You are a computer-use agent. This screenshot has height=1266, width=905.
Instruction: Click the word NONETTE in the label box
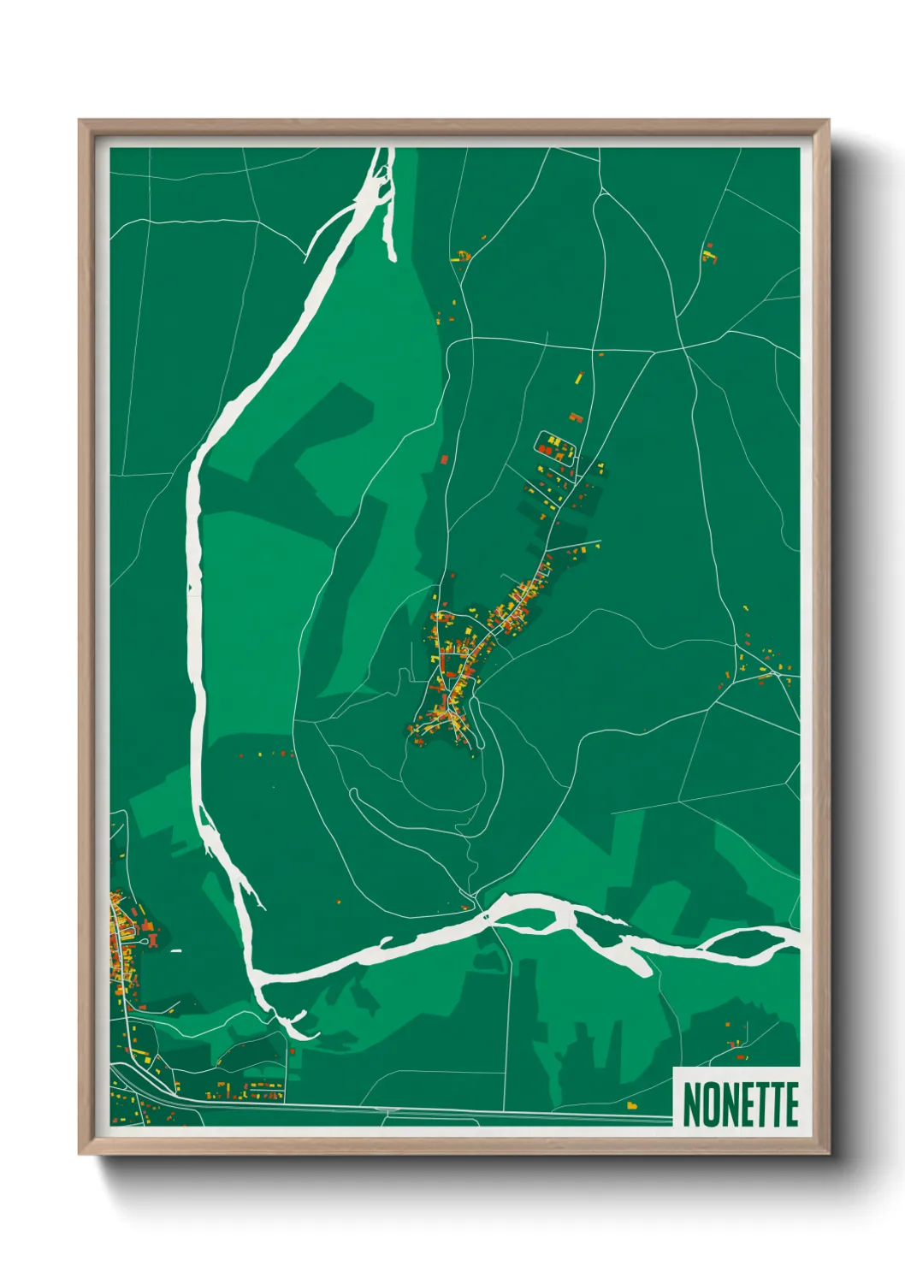pos(741,1104)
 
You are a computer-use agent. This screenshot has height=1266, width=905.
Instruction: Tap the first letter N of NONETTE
pos(692,1104)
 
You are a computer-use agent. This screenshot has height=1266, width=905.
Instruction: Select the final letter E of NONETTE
pos(790,1104)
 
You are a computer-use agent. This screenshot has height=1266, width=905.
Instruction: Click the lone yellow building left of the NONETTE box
pos(632,1105)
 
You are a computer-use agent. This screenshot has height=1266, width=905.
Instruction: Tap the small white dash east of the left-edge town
pos(176,950)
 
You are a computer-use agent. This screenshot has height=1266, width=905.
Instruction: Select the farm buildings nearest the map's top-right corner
pos(708,253)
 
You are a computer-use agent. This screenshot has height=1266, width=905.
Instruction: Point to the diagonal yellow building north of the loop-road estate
pos(578,377)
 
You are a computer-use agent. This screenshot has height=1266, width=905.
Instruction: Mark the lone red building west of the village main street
pos(445,459)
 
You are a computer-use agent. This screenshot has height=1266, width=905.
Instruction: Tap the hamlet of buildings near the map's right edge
pos(764,663)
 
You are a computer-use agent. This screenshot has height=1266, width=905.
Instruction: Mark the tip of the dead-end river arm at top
pos(393,257)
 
